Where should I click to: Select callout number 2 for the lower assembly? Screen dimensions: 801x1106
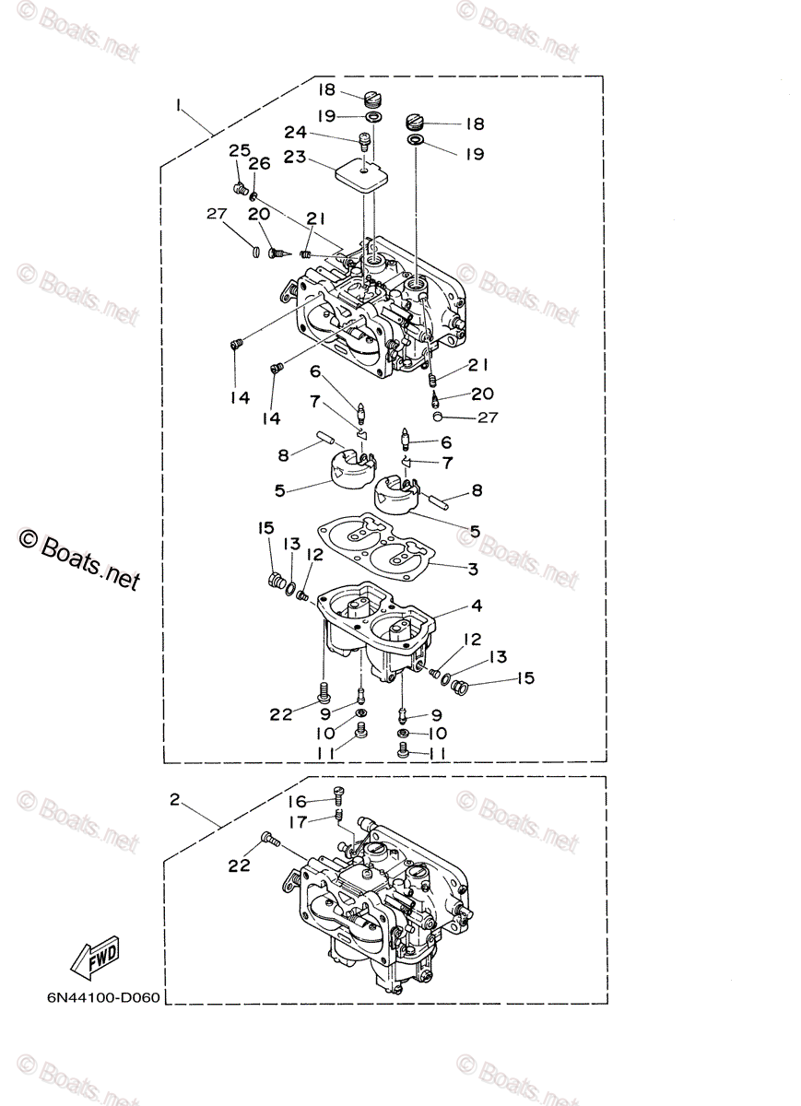(x=174, y=800)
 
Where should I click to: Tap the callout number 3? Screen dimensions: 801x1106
(x=472, y=570)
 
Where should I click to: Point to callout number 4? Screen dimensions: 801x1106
(x=477, y=606)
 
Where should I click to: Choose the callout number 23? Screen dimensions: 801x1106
(x=295, y=158)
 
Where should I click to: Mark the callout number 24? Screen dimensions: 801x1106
(x=295, y=133)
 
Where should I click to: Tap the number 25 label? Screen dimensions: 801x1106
(x=240, y=150)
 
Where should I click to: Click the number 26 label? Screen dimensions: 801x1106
(x=259, y=164)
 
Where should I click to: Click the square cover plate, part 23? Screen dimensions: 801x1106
(x=360, y=173)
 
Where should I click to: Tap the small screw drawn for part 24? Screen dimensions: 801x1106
(x=364, y=141)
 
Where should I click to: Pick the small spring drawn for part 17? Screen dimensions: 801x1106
(x=339, y=816)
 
